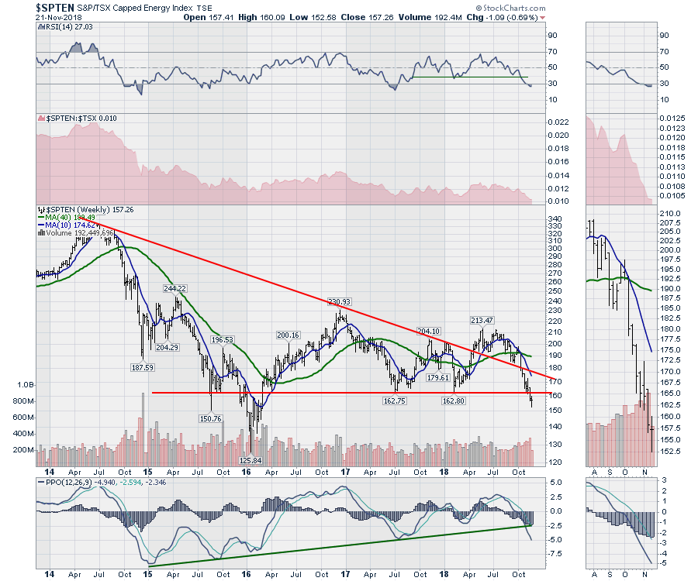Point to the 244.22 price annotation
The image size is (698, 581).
177,287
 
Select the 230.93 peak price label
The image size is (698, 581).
340,301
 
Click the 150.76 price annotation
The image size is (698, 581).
210,418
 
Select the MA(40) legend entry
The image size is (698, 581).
67,218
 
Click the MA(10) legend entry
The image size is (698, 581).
67,225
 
